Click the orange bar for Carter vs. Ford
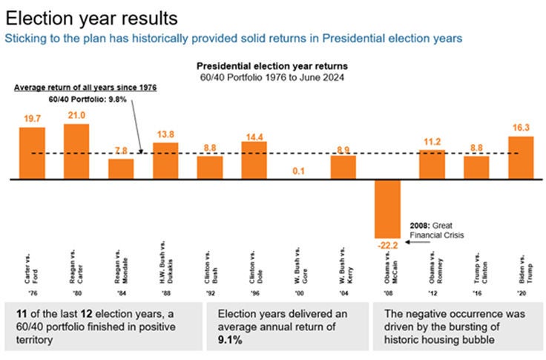click(32, 154)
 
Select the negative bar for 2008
click(387, 208)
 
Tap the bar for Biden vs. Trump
click(521, 158)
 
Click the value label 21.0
click(76, 115)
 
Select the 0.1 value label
click(299, 171)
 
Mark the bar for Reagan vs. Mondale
click(121, 169)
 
